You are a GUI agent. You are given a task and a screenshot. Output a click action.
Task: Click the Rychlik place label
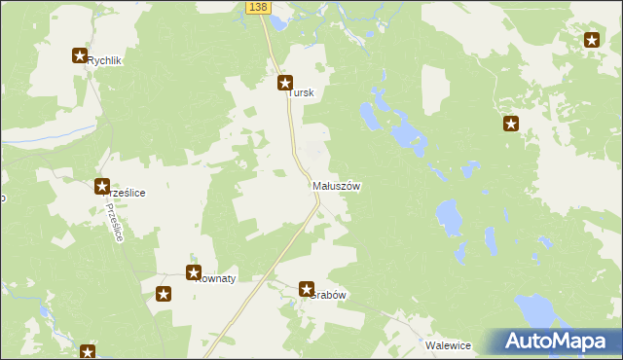coord(104,60)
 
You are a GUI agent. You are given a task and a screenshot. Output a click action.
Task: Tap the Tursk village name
coord(303,93)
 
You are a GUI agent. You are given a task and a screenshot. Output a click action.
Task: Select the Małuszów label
coord(337,186)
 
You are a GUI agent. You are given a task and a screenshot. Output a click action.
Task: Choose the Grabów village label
coord(327,295)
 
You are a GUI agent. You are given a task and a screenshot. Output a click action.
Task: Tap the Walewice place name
coord(449,345)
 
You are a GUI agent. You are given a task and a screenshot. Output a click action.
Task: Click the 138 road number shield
coord(256,7)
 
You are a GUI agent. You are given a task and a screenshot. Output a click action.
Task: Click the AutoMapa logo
coord(554,342)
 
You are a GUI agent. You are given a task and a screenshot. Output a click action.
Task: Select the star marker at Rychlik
coord(80,56)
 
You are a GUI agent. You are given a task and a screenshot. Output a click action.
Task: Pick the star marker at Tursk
coord(285,83)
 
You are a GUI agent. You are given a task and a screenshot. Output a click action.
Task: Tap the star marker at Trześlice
coord(102,186)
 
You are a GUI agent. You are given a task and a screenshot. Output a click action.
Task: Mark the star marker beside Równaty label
coord(194,273)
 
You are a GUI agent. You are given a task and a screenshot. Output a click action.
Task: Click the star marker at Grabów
coord(307,289)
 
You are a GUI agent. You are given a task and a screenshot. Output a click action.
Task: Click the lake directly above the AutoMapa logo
coord(534,310)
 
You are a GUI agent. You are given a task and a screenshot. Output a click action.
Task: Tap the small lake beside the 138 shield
coord(278,21)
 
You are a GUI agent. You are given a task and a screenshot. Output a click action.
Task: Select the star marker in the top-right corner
coord(592,40)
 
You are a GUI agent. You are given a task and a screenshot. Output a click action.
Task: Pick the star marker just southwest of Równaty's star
coord(164,294)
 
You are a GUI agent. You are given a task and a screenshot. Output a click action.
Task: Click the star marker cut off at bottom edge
coord(88,352)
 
